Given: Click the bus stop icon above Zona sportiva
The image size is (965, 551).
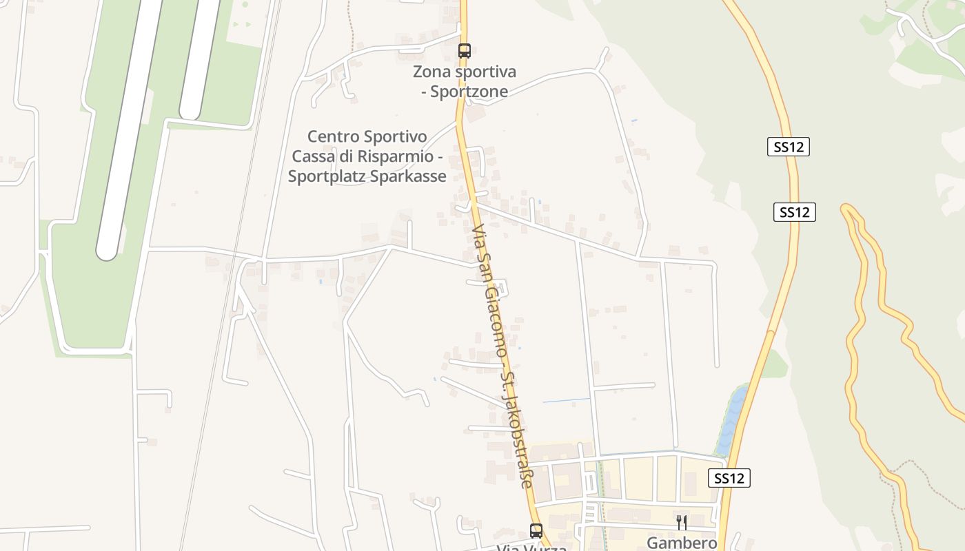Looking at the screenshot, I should click(465, 50).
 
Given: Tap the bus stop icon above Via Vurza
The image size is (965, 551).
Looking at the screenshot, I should click(536, 530).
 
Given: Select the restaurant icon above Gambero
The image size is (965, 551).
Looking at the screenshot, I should click(681, 522).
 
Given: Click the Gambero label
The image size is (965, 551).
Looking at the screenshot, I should click(681, 543).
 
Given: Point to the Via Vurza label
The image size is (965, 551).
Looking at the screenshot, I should click(531, 548).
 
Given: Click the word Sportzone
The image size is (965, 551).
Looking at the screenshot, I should click(469, 92).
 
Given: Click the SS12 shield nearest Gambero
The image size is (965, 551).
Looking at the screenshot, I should click(729, 478).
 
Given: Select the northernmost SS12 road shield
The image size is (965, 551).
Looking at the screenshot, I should click(788, 147).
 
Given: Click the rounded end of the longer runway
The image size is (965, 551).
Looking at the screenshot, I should click(107, 251).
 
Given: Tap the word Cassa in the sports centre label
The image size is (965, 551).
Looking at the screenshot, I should click(314, 156).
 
